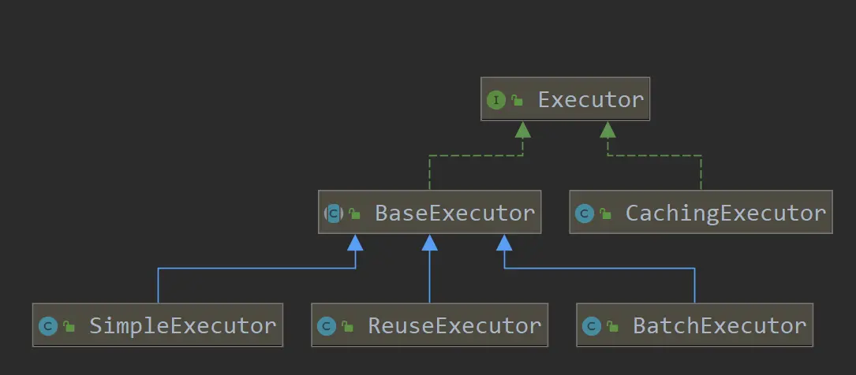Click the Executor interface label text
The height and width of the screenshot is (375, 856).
click(x=590, y=100)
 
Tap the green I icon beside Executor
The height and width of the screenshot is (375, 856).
click(x=496, y=100)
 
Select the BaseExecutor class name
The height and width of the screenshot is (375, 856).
click(x=455, y=213)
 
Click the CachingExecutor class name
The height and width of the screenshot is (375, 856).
click(x=725, y=213)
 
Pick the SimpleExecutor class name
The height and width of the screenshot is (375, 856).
click(x=182, y=326)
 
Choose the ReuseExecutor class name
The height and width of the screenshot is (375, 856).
click(x=454, y=326)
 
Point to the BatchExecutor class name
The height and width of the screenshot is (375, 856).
click(x=720, y=326)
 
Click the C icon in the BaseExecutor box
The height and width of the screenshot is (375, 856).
click(x=334, y=213)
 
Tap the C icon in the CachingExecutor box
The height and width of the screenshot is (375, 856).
click(x=585, y=213)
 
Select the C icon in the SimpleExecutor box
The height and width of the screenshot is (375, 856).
click(x=48, y=326)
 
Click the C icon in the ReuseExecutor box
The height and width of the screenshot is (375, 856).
click(x=327, y=326)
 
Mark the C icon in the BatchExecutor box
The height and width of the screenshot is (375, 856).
click(x=592, y=326)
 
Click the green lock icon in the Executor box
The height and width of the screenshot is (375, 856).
click(x=518, y=101)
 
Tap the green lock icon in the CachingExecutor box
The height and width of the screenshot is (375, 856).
click(x=605, y=213)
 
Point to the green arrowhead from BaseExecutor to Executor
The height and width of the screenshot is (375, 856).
click(x=522, y=130)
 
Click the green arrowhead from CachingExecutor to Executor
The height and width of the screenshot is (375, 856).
click(x=607, y=130)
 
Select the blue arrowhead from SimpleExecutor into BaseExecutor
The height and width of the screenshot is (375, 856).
click(x=355, y=243)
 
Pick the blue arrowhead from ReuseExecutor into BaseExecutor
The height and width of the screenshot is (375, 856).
click(x=430, y=243)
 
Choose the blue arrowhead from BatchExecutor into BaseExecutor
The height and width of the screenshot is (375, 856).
click(x=504, y=243)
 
